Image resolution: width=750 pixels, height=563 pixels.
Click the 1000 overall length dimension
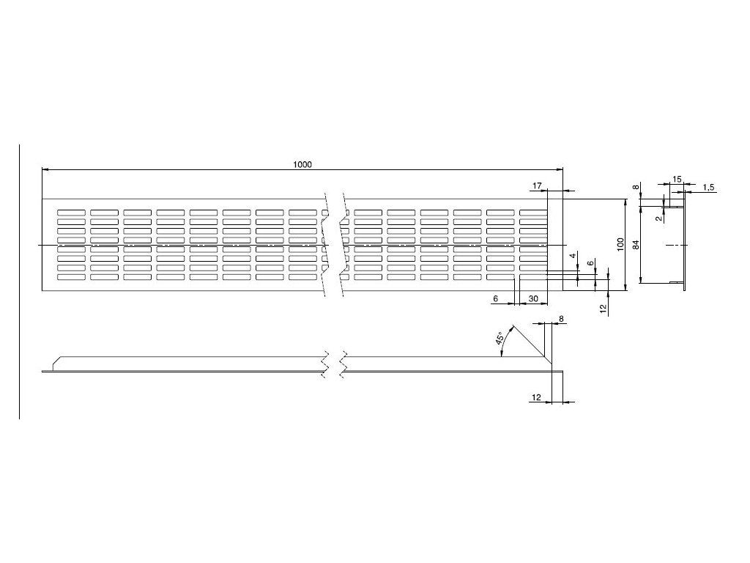click(302, 165)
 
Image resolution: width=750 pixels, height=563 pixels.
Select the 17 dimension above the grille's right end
click(537, 187)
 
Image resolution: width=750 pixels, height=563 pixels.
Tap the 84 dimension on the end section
click(636, 244)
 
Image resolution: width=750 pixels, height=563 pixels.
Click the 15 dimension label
click(676, 180)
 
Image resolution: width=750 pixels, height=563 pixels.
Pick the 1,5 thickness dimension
click(708, 188)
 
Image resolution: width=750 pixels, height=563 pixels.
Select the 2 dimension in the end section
click(659, 217)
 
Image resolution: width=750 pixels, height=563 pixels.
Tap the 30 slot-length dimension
click(533, 298)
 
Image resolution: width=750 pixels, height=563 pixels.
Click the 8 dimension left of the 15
click(636, 188)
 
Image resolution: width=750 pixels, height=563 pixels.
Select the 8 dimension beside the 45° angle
click(561, 318)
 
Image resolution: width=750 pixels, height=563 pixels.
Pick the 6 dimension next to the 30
click(496, 298)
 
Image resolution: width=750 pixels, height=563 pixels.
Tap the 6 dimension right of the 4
click(591, 262)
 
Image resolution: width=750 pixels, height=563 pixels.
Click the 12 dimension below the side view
click(537, 397)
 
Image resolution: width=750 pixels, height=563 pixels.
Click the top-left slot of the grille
click(70, 213)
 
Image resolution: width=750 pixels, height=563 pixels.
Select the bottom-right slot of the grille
click(533, 277)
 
